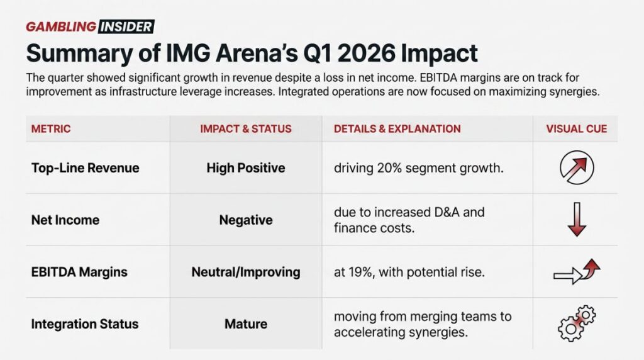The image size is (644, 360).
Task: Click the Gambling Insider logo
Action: click(90, 26)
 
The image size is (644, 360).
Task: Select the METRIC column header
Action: click(51, 129)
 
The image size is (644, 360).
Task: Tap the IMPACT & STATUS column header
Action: click(245, 129)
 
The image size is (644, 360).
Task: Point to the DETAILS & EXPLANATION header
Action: click(397, 129)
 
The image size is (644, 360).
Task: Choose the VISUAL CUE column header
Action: click(576, 129)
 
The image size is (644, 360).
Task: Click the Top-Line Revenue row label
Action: click(85, 168)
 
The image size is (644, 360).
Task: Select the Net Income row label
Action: click(65, 220)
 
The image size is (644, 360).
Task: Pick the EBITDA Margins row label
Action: click(79, 273)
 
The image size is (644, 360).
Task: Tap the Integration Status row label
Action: click(85, 324)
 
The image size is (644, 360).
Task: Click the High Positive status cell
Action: click(245, 168)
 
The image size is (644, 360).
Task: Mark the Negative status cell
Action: click(245, 220)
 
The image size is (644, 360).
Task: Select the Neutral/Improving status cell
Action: click(245, 273)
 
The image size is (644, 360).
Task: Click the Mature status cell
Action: click(245, 324)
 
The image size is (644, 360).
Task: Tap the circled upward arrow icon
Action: click(576, 168)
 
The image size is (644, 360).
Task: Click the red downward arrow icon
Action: click(576, 220)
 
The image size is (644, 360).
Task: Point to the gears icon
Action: click(576, 324)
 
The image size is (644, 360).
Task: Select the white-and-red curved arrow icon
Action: click(576, 272)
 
